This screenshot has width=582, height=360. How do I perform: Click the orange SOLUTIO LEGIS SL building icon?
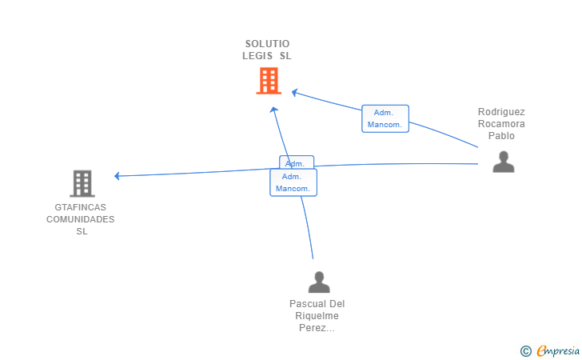pyautogui.click(x=269, y=81)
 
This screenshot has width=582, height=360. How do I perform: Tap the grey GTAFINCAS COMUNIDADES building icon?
pyautogui.click(x=82, y=184)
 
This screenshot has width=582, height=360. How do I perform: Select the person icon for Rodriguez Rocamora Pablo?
pyautogui.click(x=503, y=162)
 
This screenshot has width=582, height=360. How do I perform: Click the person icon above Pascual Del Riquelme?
pyautogui.click(x=319, y=282)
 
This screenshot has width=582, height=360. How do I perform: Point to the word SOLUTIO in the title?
pyautogui.click(x=267, y=43)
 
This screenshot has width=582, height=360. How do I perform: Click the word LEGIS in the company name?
pyautogui.click(x=258, y=56)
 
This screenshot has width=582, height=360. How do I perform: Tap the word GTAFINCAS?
pyautogui.click(x=80, y=207)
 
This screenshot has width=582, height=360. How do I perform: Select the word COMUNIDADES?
pyautogui.click(x=80, y=219)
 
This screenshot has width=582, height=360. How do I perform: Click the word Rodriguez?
pyautogui.click(x=501, y=112)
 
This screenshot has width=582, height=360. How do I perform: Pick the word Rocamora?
pyautogui.click(x=501, y=124)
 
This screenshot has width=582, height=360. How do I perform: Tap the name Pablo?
pyautogui.click(x=501, y=136)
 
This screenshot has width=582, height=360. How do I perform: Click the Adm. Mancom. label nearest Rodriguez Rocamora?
pyautogui.click(x=385, y=119)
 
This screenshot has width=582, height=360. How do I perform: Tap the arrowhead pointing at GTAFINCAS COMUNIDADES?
pyautogui.click(x=118, y=176)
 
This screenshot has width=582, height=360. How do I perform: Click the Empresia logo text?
pyautogui.click(x=558, y=350)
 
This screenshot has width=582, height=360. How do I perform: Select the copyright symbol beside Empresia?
pyautogui.click(x=525, y=350)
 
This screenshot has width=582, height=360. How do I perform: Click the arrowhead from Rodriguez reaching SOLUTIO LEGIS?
pyautogui.click(x=295, y=93)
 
